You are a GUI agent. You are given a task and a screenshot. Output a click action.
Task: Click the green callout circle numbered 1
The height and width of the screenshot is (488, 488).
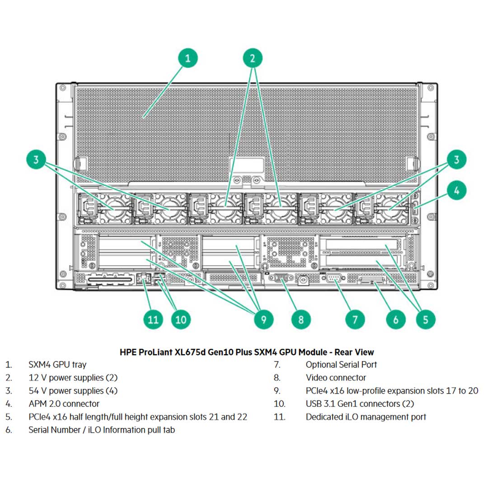189,58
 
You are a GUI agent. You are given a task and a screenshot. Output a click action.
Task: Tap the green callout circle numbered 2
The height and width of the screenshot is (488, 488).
253,58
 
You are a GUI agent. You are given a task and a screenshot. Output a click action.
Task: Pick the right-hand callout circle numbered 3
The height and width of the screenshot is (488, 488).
456,160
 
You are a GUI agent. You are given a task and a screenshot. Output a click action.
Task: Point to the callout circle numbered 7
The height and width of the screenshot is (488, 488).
355,319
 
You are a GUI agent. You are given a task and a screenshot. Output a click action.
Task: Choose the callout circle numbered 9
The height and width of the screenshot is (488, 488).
264,319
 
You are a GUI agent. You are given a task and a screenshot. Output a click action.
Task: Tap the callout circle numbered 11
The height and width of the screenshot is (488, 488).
154,319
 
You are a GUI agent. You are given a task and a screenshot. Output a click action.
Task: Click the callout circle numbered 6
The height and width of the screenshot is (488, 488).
396,319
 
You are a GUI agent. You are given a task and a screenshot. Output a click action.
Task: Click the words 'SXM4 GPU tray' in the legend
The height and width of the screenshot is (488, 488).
57,364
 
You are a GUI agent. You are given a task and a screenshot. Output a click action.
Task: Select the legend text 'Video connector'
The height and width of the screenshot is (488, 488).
336,377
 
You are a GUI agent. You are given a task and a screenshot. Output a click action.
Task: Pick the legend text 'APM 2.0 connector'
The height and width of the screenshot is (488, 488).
64,404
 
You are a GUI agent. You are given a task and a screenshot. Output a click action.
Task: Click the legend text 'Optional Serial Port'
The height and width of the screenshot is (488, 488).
341,364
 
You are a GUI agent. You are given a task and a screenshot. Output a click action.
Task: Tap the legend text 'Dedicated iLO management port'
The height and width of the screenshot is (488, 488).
366,417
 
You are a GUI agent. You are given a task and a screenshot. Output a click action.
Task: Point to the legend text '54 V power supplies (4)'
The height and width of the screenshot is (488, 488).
73,390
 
